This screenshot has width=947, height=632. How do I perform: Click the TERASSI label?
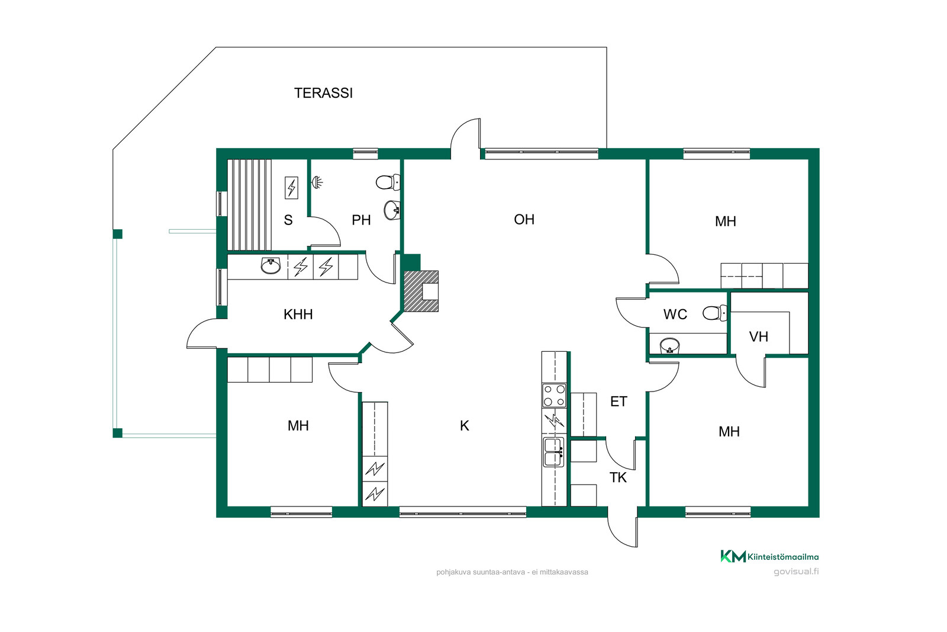click(323, 93)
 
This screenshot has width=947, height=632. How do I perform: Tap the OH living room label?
click(524, 220)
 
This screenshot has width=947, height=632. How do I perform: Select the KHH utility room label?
click(298, 315)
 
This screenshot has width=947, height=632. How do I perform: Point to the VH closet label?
click(758, 336)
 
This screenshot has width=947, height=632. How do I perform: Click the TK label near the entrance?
click(618, 477)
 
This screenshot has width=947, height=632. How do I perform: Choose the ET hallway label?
click(619, 402)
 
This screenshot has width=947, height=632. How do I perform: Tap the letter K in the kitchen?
click(465, 425)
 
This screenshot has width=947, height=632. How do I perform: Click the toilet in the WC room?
click(715, 313)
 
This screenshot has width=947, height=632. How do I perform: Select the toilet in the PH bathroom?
click(388, 182)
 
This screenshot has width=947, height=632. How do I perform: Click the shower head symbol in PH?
click(317, 182)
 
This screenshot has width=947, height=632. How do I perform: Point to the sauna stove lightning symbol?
click(291, 187)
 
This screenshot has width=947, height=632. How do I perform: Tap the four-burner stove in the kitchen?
click(554, 396)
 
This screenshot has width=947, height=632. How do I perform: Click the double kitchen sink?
click(554, 452)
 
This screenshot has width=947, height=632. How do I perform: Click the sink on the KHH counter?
click(270, 266)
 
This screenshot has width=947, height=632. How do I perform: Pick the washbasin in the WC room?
click(669, 345)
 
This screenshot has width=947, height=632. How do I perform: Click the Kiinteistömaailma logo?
click(769, 556)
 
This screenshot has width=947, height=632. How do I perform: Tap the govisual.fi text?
click(796, 572)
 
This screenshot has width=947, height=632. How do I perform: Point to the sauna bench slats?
click(249, 205)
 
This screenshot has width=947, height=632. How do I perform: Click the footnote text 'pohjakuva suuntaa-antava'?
click(481, 572)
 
